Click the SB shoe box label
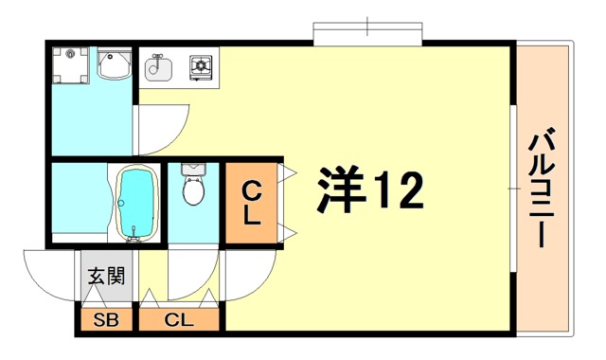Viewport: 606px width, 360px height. [106, 320]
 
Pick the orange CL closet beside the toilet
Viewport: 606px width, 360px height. [251, 202]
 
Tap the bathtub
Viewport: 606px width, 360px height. [135, 204]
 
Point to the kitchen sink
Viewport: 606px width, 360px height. [157, 68]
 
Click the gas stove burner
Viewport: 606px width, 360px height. [202, 67]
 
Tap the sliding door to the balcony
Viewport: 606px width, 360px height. [514, 189]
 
